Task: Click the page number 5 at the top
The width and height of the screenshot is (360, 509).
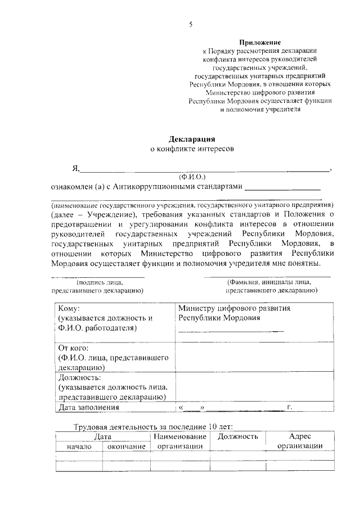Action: click(x=191, y=24)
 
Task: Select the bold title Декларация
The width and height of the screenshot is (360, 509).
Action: click(x=192, y=138)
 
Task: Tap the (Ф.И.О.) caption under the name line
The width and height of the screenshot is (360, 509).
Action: click(x=192, y=176)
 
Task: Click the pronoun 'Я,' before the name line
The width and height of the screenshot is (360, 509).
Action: click(x=76, y=168)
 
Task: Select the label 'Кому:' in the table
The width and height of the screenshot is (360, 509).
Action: click(x=69, y=308)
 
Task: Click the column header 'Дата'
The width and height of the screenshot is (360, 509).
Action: click(x=102, y=436)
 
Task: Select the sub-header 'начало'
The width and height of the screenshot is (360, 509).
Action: click(x=78, y=447)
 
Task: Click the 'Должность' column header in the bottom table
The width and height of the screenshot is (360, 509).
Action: click(x=237, y=436)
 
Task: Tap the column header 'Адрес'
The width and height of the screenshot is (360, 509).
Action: click(x=299, y=436)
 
